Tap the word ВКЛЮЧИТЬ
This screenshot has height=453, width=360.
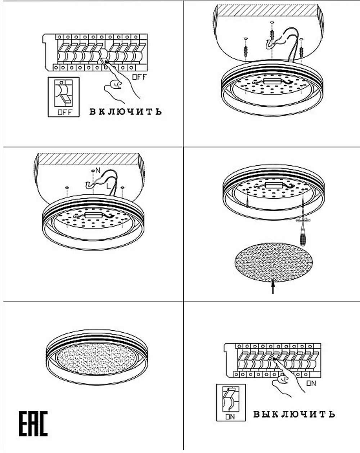(x=126, y=111)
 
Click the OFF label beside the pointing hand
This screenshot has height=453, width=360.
(x=139, y=77)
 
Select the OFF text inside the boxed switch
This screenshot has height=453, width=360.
(x=65, y=112)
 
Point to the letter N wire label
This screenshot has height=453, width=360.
(x=98, y=170)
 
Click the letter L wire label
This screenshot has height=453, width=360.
(x=108, y=186)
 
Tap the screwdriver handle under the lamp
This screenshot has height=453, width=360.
(x=302, y=238)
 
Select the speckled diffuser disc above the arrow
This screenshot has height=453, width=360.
(x=274, y=262)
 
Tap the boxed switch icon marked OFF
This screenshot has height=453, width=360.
(x=64, y=97)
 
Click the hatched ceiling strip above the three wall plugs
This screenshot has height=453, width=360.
(x=267, y=10)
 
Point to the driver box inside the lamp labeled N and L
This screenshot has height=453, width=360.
(x=93, y=215)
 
